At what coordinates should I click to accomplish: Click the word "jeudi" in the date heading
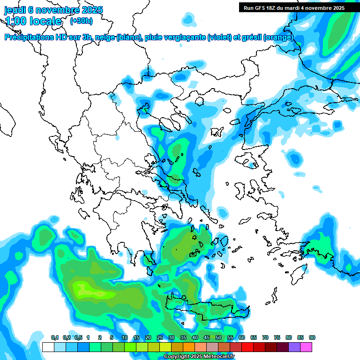point(15,10)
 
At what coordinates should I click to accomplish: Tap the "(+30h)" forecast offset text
point(81,21)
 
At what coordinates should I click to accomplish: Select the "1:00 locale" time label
point(33,21)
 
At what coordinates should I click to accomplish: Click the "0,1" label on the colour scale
point(55,338)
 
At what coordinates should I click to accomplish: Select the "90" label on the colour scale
point(312,338)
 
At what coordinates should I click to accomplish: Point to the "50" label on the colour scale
point(218,338)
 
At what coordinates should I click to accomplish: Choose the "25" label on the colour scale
point(160,338)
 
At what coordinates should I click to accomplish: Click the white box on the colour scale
point(48,347)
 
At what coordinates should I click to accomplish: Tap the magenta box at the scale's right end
point(306,347)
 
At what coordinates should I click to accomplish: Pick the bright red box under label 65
point(247,347)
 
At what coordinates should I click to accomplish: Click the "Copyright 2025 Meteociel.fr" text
point(199,357)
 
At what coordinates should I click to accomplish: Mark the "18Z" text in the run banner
point(275,8)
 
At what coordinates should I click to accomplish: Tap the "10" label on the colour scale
point(125,338)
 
